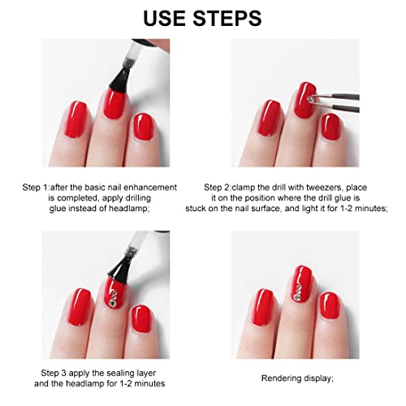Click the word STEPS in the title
pyautogui.click(x=227, y=18)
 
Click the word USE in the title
pyautogui.click(x=164, y=18)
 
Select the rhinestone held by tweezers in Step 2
pyautogui.click(x=311, y=99)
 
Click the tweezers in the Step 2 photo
pyautogui.click(x=335, y=102)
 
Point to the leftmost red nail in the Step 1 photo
pyautogui.click(x=76, y=119)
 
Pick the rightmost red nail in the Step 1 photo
pyautogui.click(x=143, y=127)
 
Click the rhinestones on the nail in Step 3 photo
pyautogui.click(x=113, y=298)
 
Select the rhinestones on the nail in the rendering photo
pyautogui.click(x=298, y=292)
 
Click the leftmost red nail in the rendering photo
pyautogui.click(x=263, y=307)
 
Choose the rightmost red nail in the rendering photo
pyautogui.click(x=330, y=305)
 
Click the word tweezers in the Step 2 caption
pyautogui.click(x=324, y=188)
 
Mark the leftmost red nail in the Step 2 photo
pyautogui.click(x=269, y=118)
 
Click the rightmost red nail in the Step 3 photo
pyautogui.click(x=141, y=318)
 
